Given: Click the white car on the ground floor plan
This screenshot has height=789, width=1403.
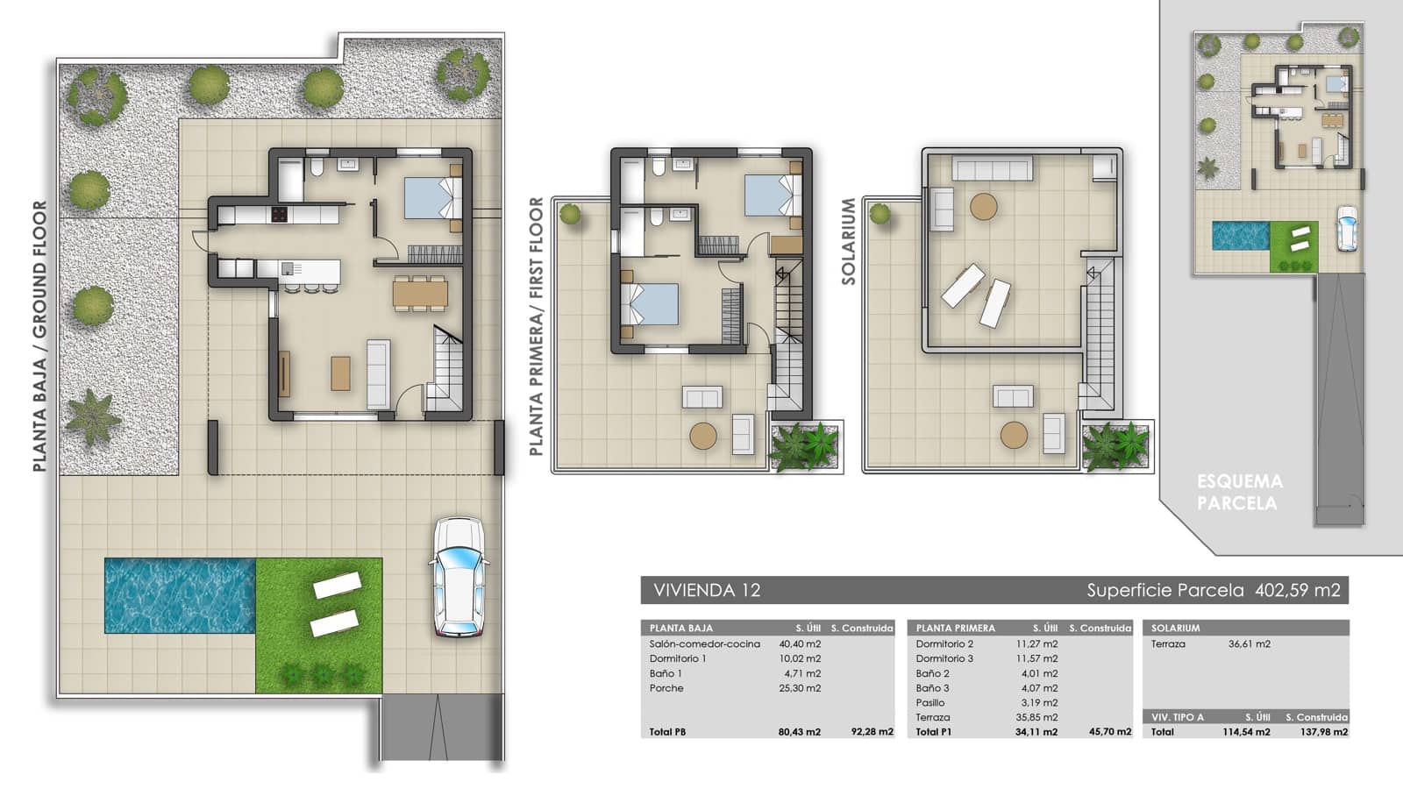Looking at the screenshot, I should pos(458,577).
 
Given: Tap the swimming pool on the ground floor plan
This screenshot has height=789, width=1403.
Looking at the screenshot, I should pos(180,595).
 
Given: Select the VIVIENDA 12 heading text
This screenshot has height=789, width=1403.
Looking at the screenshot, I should pos(707,590).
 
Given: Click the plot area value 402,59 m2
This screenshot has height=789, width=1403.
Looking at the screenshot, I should pos(1298,590).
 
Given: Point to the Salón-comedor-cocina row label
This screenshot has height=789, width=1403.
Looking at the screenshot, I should pos(704,643).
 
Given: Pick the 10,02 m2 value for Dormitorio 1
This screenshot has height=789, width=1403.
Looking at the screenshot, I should pos(802,658).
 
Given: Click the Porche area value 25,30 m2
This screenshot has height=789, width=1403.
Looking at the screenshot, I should pos(802,688).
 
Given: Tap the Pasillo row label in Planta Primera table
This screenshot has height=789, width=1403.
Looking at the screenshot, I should pos(930,702).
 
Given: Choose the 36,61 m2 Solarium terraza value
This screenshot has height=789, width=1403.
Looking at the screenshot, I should pos(1249,643).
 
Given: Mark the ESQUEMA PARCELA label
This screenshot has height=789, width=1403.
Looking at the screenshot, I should pos(1239,492).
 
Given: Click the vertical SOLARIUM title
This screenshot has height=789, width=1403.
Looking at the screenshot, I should pos(848,241).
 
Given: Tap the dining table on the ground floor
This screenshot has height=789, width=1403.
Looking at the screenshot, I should pos(420,292).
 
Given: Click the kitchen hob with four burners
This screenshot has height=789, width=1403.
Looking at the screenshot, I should pos(279,214).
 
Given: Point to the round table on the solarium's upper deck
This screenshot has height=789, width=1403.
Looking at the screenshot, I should pos(983,207).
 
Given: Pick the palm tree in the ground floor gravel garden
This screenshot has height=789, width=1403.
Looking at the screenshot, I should pos(91,415).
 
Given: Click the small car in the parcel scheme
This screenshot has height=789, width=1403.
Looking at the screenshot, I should pos(1345,229).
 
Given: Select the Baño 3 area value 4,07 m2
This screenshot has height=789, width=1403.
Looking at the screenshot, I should pos(1039,688).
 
